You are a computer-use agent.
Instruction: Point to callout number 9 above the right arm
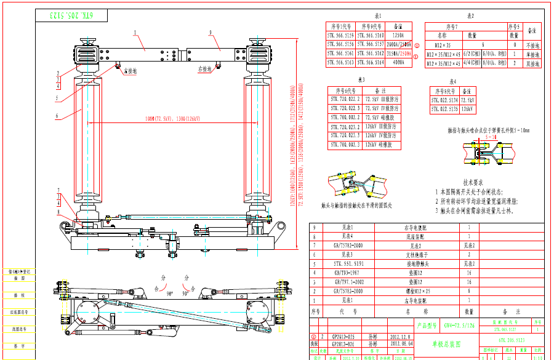point(210,32)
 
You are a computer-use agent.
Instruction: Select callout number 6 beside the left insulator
point(57,115)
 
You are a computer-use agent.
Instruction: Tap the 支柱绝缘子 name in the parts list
point(417,254)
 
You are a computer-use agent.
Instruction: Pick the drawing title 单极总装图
point(446,343)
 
